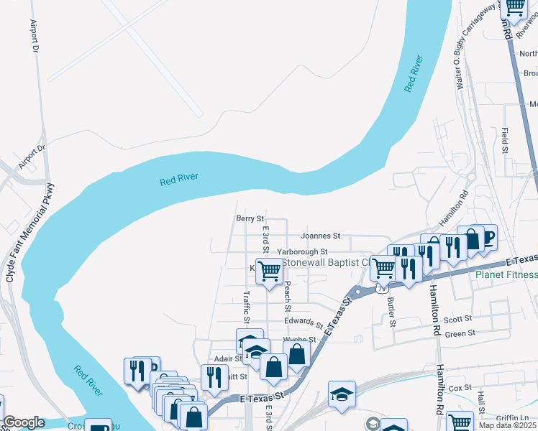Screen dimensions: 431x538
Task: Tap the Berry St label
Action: click(x=250, y=218)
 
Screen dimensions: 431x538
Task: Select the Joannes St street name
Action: click(x=320, y=236)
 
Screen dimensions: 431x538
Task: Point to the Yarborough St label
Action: click(x=303, y=252)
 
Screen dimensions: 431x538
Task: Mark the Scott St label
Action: click(x=457, y=318)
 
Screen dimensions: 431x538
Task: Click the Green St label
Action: click(x=460, y=333)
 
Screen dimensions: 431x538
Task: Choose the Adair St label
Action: click(x=228, y=358)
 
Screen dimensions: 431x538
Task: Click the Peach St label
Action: click(x=287, y=296)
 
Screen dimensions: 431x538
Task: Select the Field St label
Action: click(x=506, y=142)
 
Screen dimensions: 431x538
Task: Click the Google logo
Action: click(x=24, y=422)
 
